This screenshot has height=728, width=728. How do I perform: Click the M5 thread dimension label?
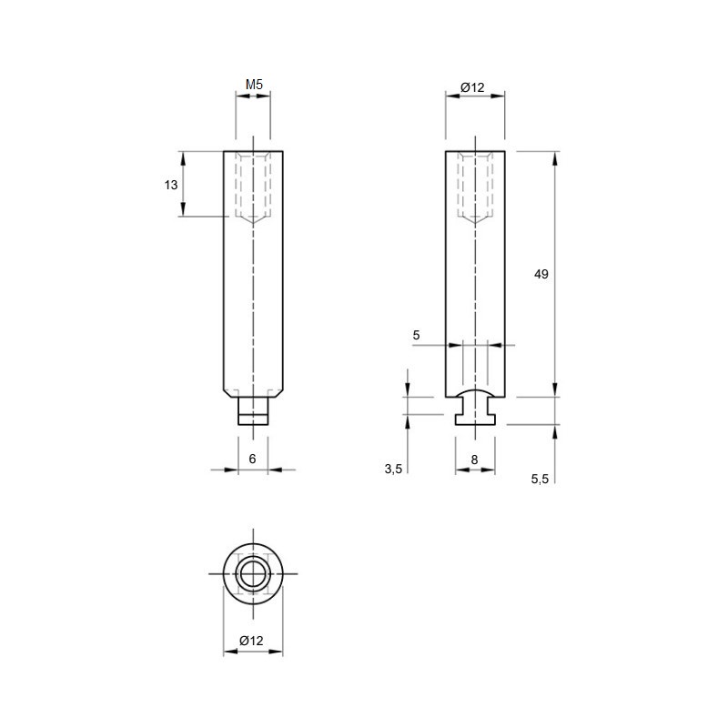[x=254, y=85]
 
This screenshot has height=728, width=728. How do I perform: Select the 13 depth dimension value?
[x=171, y=185]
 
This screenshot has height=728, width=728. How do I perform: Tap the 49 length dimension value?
[x=541, y=274]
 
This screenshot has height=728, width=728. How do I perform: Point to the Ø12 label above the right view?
[x=472, y=87]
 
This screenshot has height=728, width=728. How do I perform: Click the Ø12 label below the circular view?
[x=251, y=641]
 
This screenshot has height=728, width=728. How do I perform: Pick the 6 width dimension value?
[x=252, y=459]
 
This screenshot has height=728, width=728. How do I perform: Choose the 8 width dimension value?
[x=474, y=460]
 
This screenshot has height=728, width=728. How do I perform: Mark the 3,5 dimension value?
[x=393, y=470]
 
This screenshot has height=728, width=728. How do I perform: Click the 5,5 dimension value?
[x=540, y=480]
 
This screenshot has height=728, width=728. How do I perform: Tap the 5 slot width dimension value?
[x=416, y=335]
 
